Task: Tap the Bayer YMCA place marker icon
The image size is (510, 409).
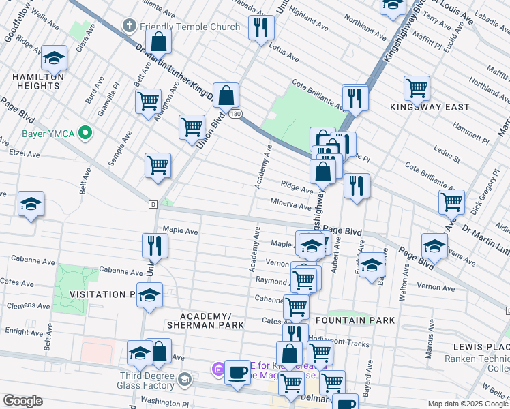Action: coord(85,132)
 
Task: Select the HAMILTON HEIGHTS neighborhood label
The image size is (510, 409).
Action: coord(37,81)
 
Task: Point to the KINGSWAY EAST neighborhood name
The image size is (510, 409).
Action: coord(430,107)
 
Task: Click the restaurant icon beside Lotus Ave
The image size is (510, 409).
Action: coord(260,28)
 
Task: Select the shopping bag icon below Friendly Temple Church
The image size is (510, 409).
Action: coord(158,42)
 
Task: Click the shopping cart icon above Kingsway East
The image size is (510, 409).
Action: coord(416,87)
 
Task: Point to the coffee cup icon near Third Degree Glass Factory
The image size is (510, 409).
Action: coord(237,372)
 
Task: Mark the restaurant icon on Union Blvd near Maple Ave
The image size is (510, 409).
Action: coord(155,246)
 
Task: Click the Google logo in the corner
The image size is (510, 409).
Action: coord(22,401)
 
